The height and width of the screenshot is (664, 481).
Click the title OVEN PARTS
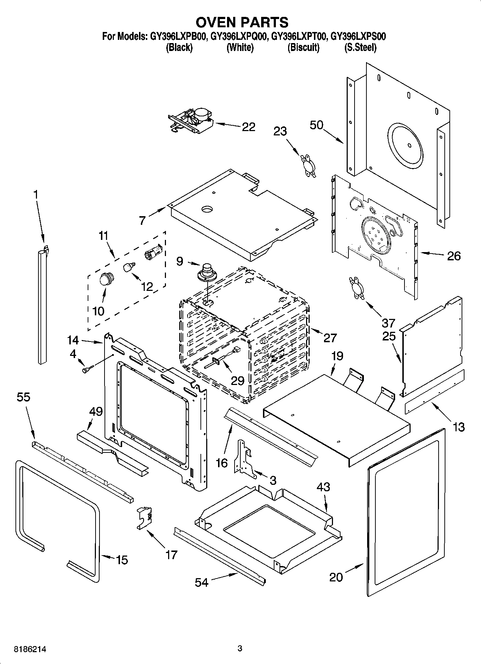pyautogui.click(x=242, y=22)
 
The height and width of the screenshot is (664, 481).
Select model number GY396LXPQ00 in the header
pyautogui.click(x=238, y=36)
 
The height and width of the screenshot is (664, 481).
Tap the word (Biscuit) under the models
pyautogui.click(x=303, y=47)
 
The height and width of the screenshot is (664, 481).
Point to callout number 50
pyautogui.click(x=316, y=125)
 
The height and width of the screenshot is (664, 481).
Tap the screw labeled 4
pyautogui.click(x=87, y=369)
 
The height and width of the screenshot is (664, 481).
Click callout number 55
pyautogui.click(x=23, y=398)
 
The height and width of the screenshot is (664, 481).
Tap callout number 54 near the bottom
pyautogui.click(x=201, y=582)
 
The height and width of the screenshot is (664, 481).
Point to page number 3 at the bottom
pyautogui.click(x=240, y=649)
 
